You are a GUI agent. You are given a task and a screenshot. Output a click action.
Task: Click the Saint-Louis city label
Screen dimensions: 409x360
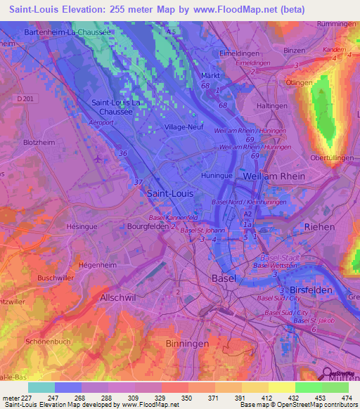(169, 191)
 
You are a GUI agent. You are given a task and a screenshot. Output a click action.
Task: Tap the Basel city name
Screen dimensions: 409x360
(224, 278)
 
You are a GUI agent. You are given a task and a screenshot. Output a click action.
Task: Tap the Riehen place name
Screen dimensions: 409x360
(320, 226)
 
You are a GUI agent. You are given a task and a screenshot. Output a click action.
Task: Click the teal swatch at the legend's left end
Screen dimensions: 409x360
(41, 387)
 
